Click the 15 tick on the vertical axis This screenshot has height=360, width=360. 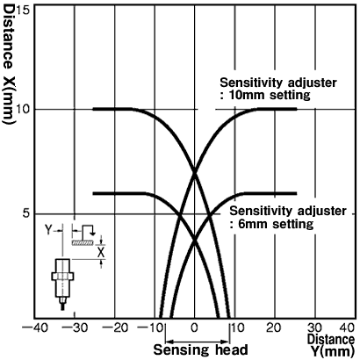pos(25,11)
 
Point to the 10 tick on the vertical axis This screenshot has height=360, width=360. pos(25,110)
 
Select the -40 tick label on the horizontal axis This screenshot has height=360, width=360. pos(35,328)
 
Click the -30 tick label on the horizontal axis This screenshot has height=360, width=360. pos(76,328)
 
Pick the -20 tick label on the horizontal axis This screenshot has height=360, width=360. pos(115,328)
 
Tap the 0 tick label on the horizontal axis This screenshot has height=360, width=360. pos(195,328)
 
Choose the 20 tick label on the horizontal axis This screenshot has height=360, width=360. pos(274,328)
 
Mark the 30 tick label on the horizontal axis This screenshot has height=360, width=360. pos(314,328)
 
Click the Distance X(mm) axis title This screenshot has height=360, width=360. pos(8,64)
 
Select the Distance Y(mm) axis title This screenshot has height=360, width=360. pos(331,345)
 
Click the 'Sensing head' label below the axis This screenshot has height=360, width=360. pos(201,349)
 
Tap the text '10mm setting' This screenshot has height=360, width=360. pos(269,96)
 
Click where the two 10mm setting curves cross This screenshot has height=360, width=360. pos(195,172)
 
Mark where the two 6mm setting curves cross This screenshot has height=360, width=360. pos(195,241)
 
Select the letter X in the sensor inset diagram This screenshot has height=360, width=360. pos(101,252)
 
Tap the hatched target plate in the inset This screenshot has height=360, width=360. pos(83,242)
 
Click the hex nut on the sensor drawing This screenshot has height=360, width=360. pos(62,276)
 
